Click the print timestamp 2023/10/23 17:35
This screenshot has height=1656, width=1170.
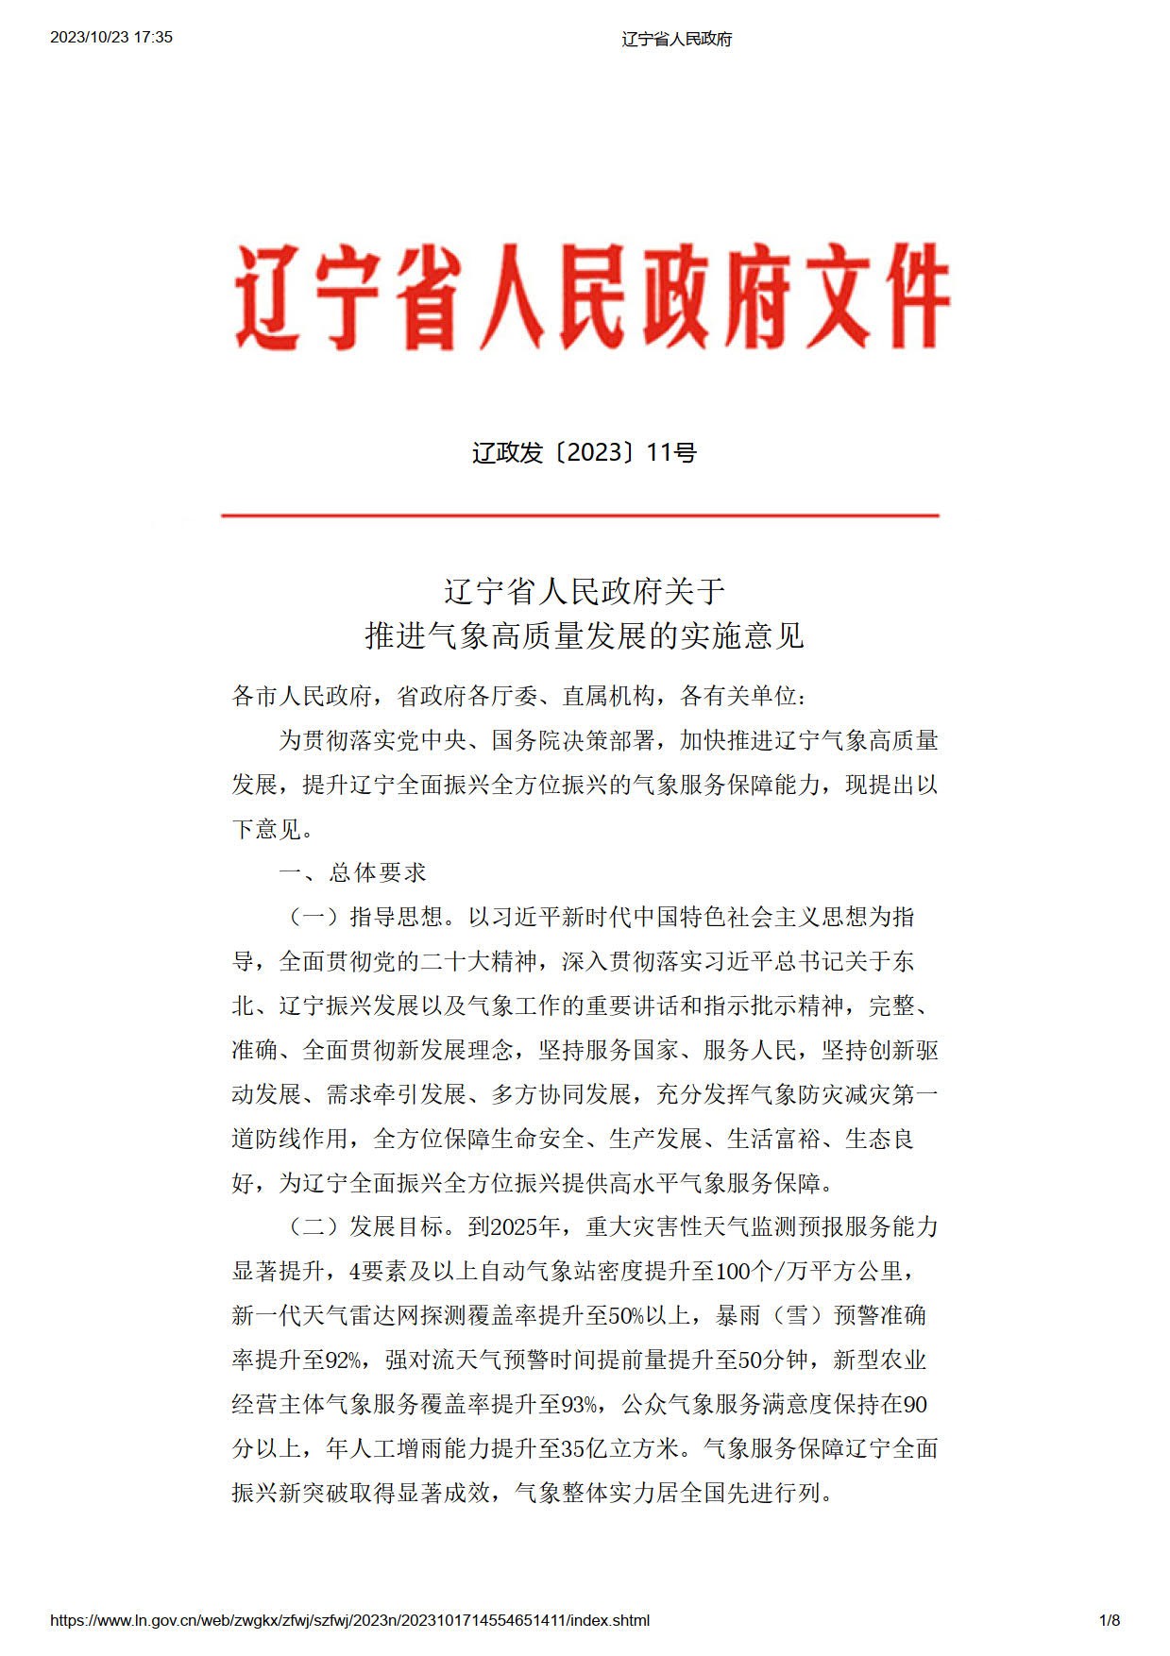click(x=111, y=38)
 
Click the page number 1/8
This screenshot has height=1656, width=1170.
click(x=1110, y=1621)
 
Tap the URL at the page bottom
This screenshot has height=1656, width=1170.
click(x=349, y=1621)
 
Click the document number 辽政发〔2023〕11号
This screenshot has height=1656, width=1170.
click(x=584, y=453)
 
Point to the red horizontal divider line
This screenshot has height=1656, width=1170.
click(x=580, y=515)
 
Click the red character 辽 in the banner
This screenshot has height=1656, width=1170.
click(x=267, y=296)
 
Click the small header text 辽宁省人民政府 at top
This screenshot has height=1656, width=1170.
click(x=676, y=39)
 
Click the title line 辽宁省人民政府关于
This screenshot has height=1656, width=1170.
click(x=585, y=592)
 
